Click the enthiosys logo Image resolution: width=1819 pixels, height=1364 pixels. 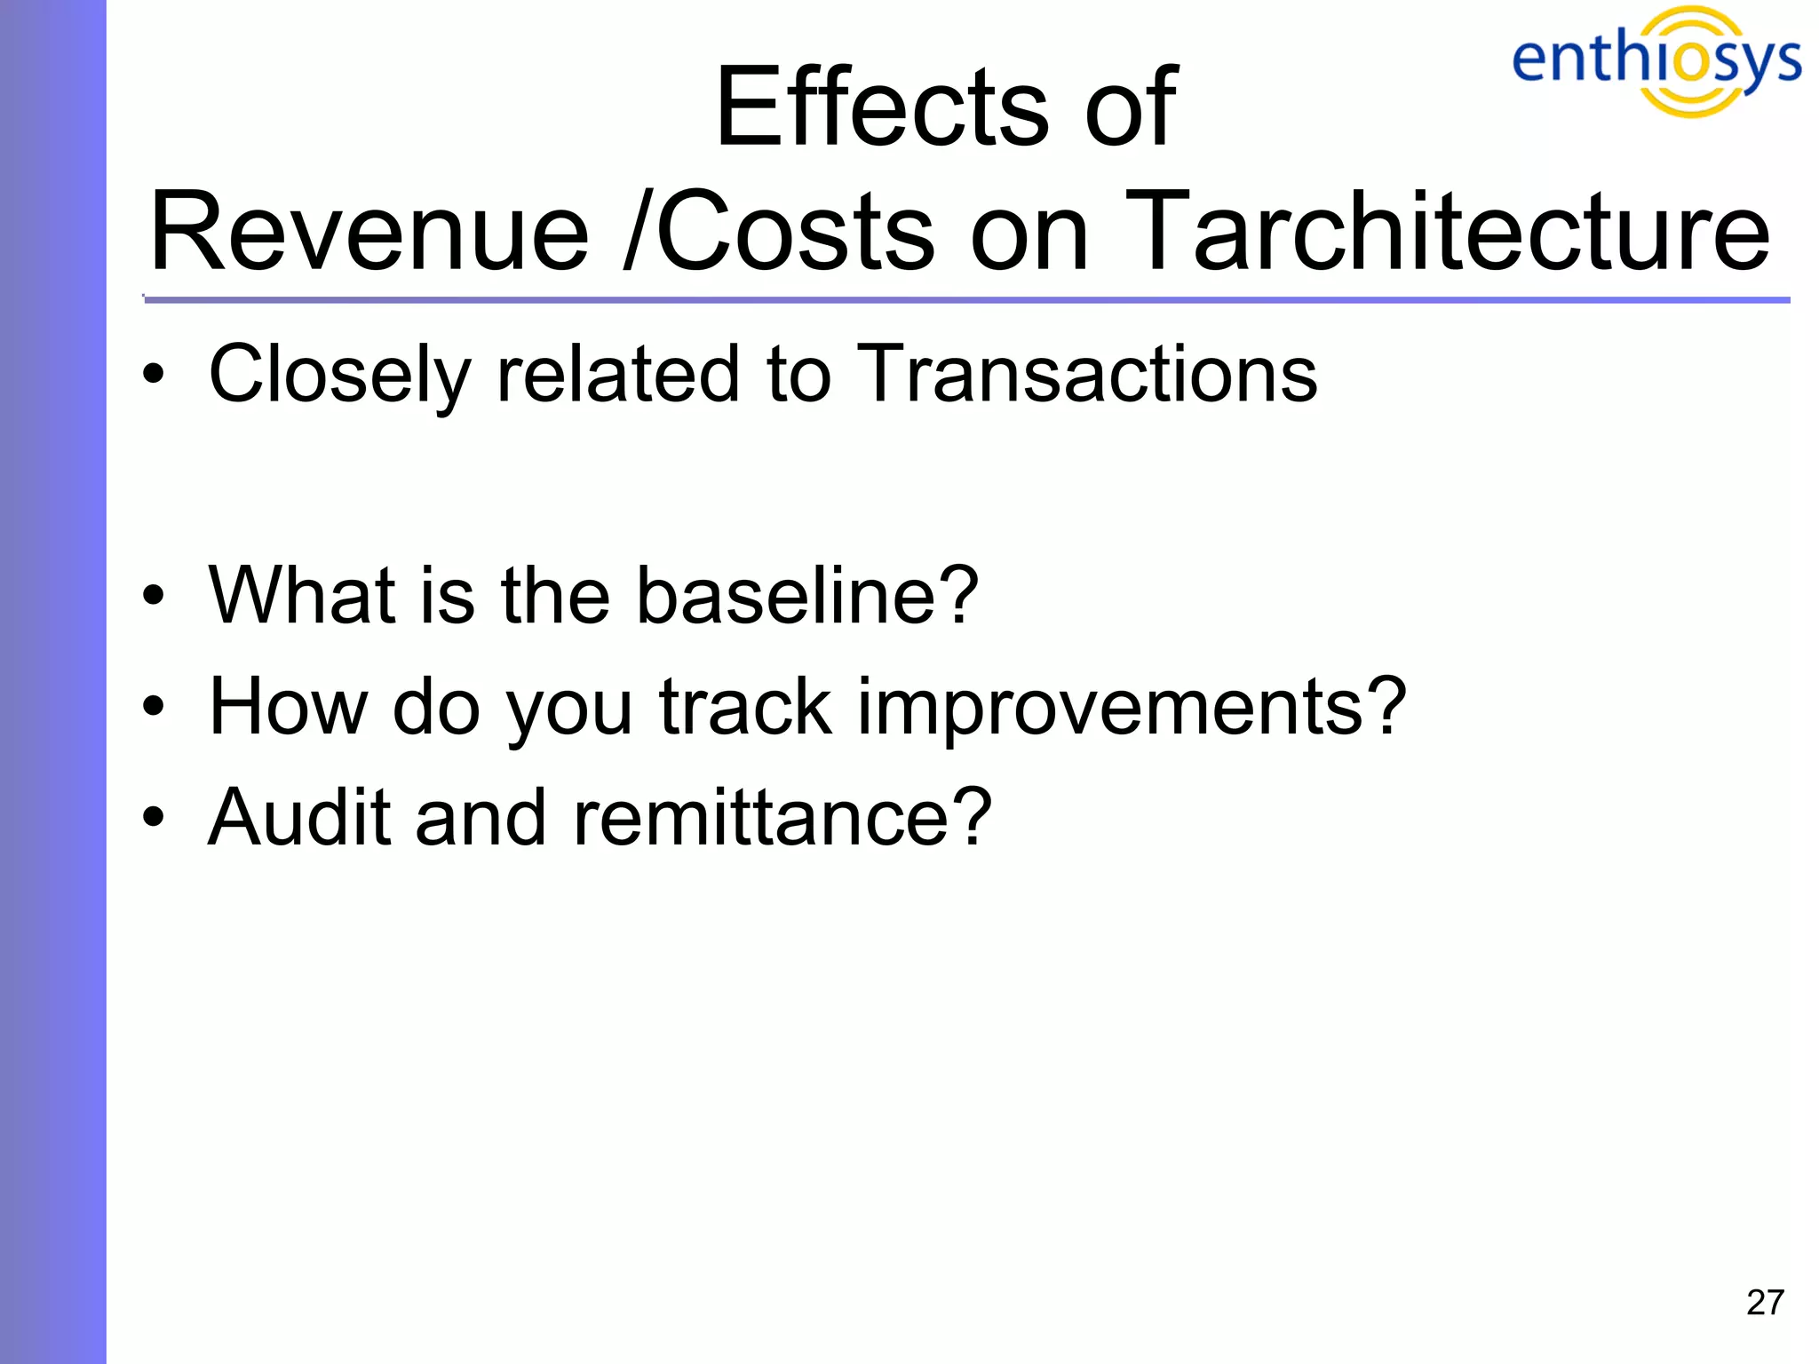(1656, 60)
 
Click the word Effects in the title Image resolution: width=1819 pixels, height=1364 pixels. (882, 108)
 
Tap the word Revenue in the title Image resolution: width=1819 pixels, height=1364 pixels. (369, 233)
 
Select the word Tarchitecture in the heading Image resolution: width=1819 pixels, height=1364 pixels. (1447, 233)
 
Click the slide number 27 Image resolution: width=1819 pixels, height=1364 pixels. (1764, 1303)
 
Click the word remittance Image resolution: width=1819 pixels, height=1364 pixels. (782, 817)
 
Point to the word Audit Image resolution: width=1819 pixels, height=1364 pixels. (298, 817)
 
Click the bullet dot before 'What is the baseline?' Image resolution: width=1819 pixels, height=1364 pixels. (154, 597)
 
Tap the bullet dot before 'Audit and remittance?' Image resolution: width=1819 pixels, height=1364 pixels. (154, 817)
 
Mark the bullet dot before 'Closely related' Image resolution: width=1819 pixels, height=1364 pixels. (154, 375)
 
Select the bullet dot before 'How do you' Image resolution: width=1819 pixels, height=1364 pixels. (154, 707)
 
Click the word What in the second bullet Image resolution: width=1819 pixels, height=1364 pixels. (301, 595)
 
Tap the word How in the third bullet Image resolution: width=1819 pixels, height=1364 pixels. (288, 707)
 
